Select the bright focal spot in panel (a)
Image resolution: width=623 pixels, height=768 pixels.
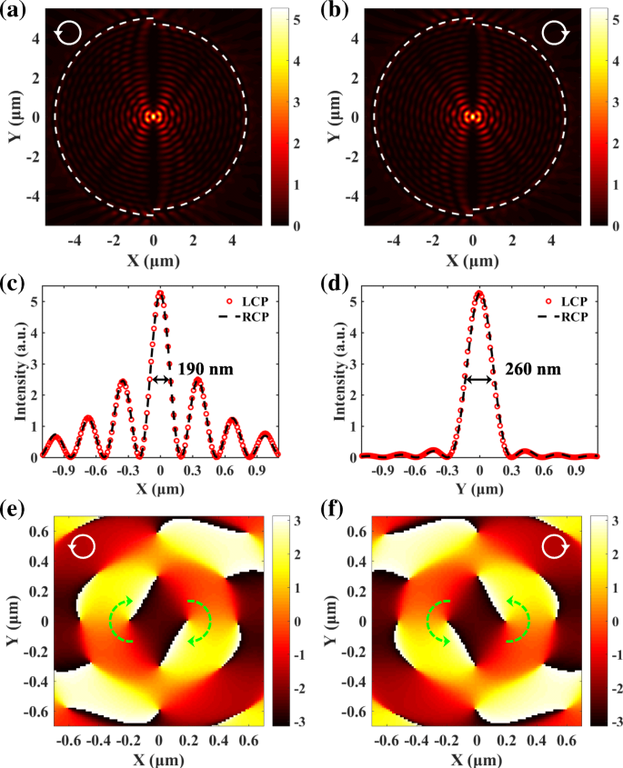154,117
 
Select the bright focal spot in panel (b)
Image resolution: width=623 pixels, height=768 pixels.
472,117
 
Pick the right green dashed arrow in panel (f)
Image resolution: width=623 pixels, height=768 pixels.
519,620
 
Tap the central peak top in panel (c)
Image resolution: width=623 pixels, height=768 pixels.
160,293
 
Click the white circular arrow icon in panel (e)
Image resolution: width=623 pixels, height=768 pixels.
82,546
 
